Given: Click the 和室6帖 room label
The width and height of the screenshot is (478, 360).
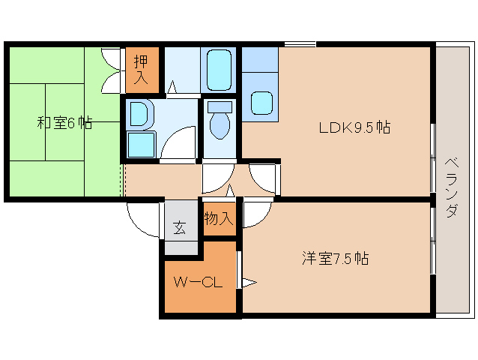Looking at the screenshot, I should click(x=64, y=123).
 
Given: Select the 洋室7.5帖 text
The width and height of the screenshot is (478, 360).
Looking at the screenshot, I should click(x=335, y=259).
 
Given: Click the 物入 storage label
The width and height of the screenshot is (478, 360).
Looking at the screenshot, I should click(x=219, y=219).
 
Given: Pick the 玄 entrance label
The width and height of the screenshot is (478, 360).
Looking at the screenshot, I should click(x=180, y=228).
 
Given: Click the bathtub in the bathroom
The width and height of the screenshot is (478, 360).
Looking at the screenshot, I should click(x=219, y=70).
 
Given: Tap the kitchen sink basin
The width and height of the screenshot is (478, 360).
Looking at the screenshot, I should click(x=261, y=102).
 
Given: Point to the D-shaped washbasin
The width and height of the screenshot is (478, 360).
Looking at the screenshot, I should click(x=139, y=114).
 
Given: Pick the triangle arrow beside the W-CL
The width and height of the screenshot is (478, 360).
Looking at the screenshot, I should click(x=248, y=283).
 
